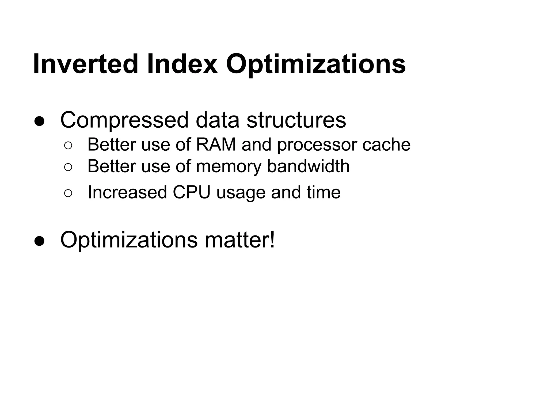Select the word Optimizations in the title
pyautogui.click(x=316, y=64)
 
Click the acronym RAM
pyautogui.click(x=216, y=144)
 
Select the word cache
pyautogui.click(x=386, y=144)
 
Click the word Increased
pyautogui.click(x=127, y=192)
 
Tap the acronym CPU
pyautogui.click(x=192, y=192)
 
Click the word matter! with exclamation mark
pyautogui.click(x=240, y=240)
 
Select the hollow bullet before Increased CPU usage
pyautogui.click(x=68, y=193)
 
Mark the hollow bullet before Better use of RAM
pyautogui.click(x=68, y=146)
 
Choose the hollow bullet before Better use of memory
pyautogui.click(x=68, y=167)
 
